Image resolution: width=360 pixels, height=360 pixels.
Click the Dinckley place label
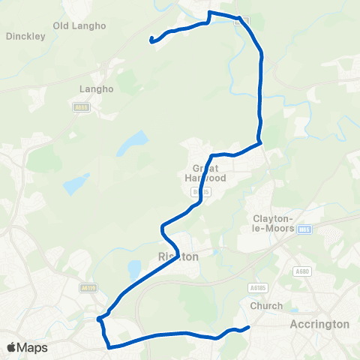click(x=25, y=35)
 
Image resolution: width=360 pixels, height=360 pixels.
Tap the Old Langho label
click(x=79, y=25)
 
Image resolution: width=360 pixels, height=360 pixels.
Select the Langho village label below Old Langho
click(x=95, y=88)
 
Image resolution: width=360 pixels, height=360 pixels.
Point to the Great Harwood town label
click(x=204, y=173)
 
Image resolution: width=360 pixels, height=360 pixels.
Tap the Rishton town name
click(x=178, y=256)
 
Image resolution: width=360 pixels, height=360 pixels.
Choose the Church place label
click(x=267, y=305)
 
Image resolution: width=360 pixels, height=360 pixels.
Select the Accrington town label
click(x=319, y=324)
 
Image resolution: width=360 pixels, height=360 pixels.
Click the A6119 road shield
click(x=88, y=286)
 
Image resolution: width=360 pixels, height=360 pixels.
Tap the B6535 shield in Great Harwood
click(x=197, y=193)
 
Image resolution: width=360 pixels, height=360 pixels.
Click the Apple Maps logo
click(x=27, y=347)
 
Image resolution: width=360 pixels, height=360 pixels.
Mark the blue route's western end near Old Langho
click(x=152, y=40)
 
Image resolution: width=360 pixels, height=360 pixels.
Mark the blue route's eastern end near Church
click(x=248, y=327)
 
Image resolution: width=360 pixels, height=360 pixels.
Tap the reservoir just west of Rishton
click(x=134, y=268)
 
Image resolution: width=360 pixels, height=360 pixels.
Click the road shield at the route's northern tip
click(x=238, y=21)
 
